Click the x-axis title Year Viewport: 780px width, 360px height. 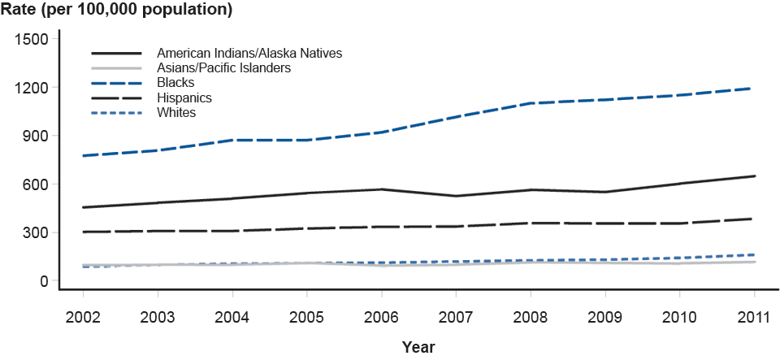click(418, 347)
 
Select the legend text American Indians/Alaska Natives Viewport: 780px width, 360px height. click(249, 53)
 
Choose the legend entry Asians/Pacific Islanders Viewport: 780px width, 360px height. click(223, 68)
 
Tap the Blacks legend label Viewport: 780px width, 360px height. click(175, 83)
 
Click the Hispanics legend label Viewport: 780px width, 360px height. click(184, 98)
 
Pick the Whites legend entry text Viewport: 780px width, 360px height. click(176, 112)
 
